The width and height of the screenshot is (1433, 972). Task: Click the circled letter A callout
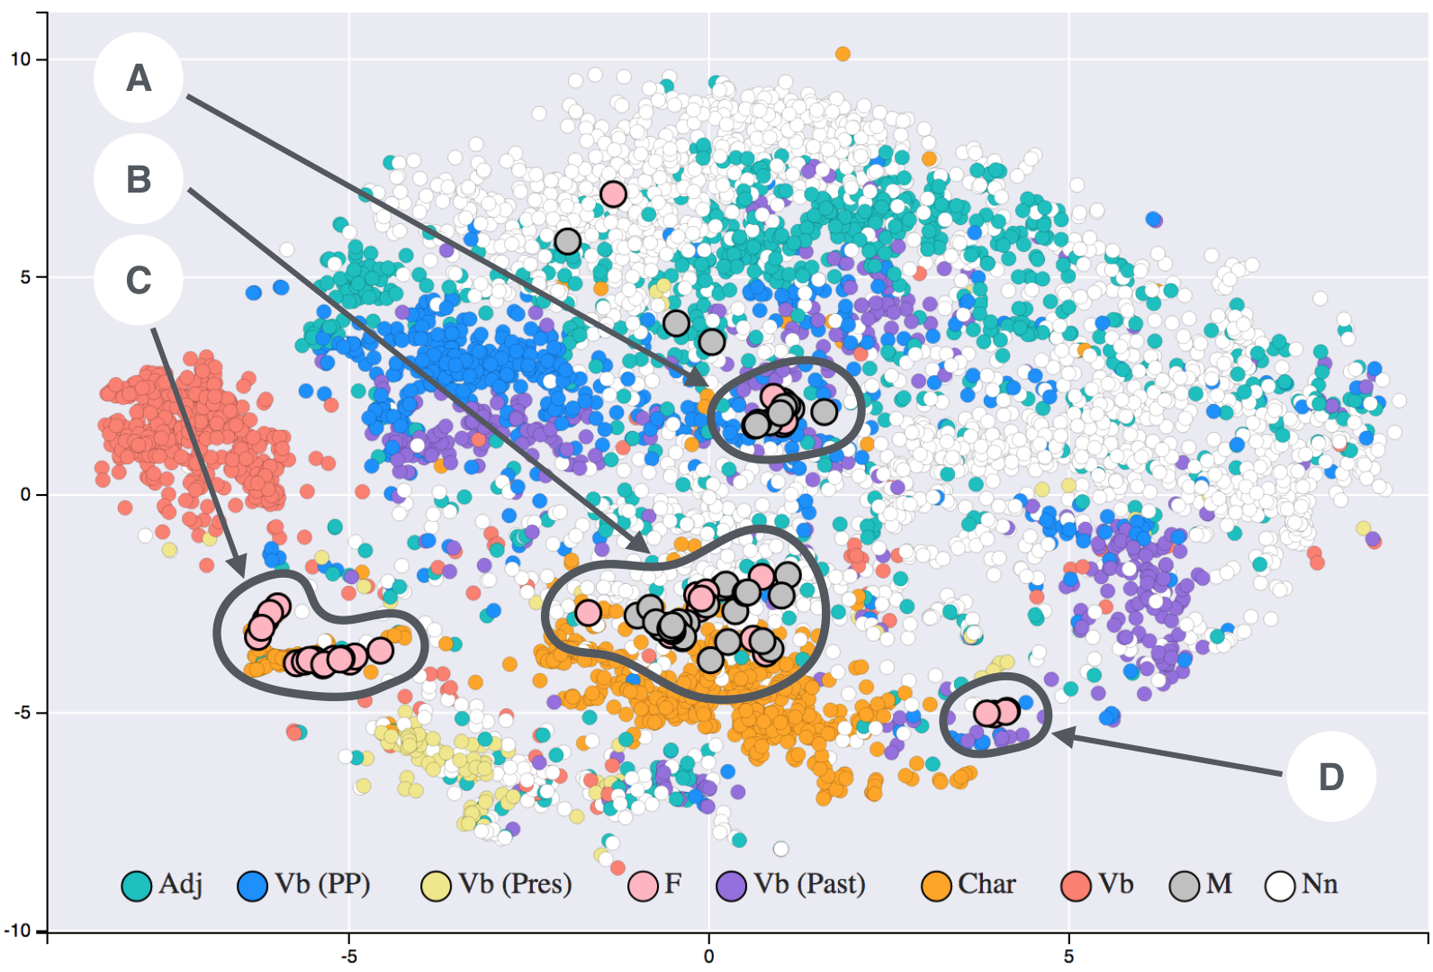tap(139, 78)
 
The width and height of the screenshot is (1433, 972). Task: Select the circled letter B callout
tap(139, 179)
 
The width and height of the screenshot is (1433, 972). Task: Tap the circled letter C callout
tap(139, 280)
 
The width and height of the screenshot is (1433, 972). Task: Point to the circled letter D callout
tap(1330, 777)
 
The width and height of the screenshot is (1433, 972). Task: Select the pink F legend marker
tap(643, 886)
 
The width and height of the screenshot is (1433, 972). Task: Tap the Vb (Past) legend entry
tap(731, 886)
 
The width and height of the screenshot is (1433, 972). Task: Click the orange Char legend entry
tap(937, 886)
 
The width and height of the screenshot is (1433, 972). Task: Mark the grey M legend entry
tap(1185, 886)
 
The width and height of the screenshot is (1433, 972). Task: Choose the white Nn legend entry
tap(1280, 886)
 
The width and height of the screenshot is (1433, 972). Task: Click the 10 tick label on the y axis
tap(20, 59)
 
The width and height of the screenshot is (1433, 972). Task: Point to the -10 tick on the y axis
tap(17, 931)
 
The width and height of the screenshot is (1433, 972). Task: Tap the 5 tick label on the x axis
tap(1068, 957)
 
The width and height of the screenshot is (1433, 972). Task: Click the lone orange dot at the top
tap(843, 54)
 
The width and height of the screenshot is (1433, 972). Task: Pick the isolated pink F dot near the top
tap(613, 193)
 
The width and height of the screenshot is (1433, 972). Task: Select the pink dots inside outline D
tap(996, 713)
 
